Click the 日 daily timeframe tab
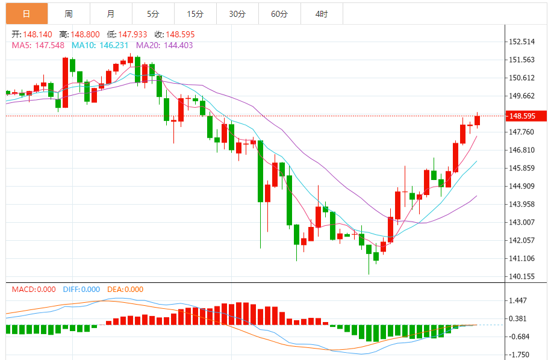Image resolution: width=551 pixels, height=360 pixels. pos(26,14)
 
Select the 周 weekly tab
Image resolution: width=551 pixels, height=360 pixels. pos(69,14)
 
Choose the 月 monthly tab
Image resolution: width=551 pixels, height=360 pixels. pos(111,14)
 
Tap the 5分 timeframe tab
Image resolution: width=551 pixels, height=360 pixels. pos(153,14)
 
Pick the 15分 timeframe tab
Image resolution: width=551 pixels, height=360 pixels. pos(195,14)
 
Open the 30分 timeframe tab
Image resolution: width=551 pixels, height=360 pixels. pos(237,14)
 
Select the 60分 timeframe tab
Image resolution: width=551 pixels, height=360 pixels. pos(279,14)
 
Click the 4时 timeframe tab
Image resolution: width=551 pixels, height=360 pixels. pos(322,14)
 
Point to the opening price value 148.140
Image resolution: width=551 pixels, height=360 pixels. pos(37,34)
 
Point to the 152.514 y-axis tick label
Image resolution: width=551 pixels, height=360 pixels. pos(522,42)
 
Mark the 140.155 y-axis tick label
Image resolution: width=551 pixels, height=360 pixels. pos(522,276)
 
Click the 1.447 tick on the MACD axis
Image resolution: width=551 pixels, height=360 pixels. pos(520,300)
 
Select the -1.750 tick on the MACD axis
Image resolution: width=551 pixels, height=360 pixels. pos(520,355)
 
